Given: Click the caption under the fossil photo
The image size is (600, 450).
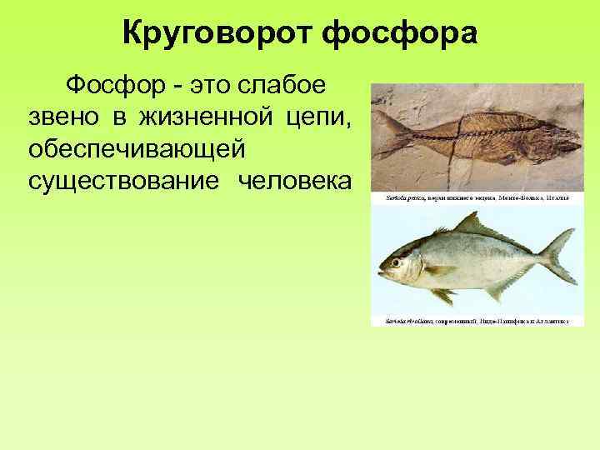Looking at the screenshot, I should coord(476,198).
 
